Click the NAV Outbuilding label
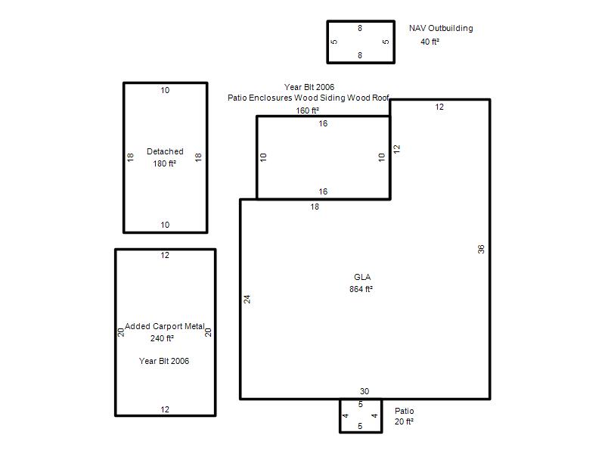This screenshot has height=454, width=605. [441, 28]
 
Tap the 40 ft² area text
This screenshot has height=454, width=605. [430, 42]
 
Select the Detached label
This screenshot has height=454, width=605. [165, 151]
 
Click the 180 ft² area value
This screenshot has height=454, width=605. [165, 163]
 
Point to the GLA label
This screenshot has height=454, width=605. [362, 277]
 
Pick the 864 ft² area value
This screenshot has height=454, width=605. [361, 289]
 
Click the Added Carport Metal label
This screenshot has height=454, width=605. [165, 326]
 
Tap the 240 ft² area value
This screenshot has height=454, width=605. [162, 338]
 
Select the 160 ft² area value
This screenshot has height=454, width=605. [308, 110]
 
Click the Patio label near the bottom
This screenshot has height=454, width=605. [405, 411]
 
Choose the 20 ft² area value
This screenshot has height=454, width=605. [404, 422]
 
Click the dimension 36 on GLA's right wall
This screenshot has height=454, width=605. [481, 250]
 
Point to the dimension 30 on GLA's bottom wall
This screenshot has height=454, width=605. [365, 391]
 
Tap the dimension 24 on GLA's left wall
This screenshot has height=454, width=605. [247, 299]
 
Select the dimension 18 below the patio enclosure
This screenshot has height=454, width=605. [315, 207]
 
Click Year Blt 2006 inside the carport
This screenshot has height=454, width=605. [164, 362]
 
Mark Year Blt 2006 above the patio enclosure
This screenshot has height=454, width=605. [309, 87]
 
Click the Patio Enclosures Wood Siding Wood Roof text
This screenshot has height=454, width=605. [309, 98]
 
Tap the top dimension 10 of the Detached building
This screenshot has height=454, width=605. [165, 90]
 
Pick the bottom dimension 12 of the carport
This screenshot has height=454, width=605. [165, 409]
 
